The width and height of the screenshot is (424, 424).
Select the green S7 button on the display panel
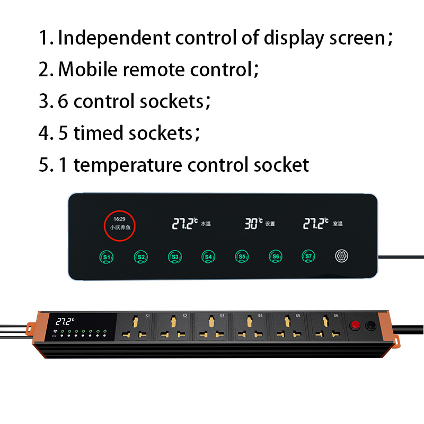point(308,257)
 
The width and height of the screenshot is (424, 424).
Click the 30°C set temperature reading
point(253,224)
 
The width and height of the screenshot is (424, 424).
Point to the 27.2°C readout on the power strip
point(65,321)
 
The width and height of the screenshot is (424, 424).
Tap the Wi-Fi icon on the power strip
point(55,331)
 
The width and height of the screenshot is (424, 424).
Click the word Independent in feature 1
point(114,38)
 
